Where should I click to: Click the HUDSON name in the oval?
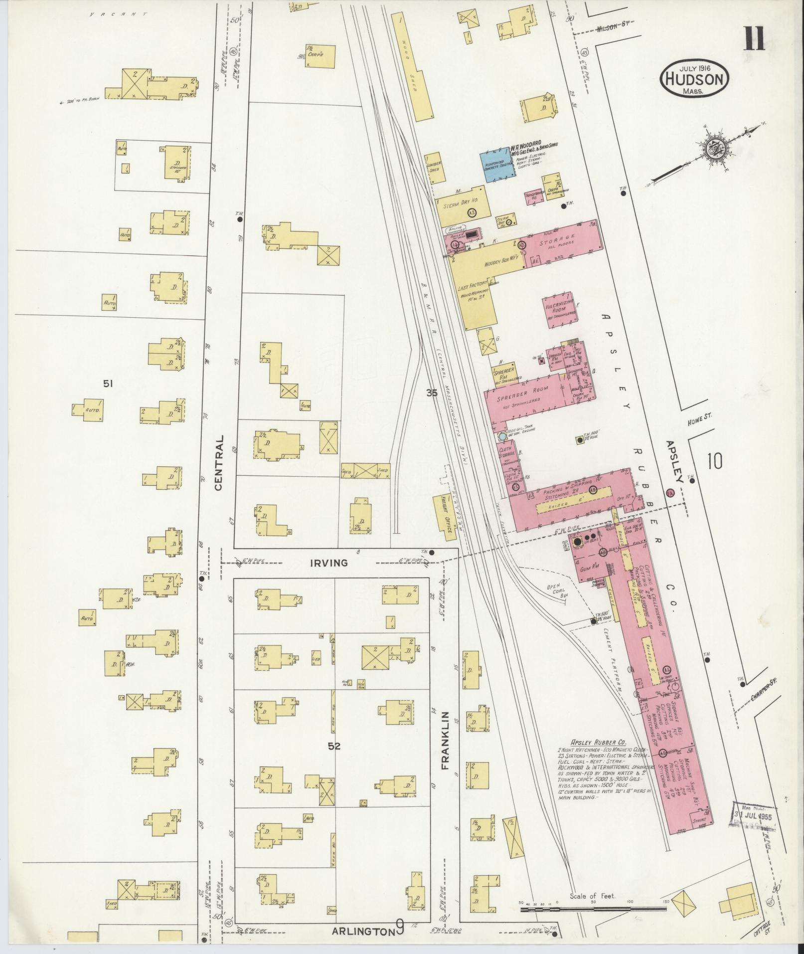click(x=694, y=79)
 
